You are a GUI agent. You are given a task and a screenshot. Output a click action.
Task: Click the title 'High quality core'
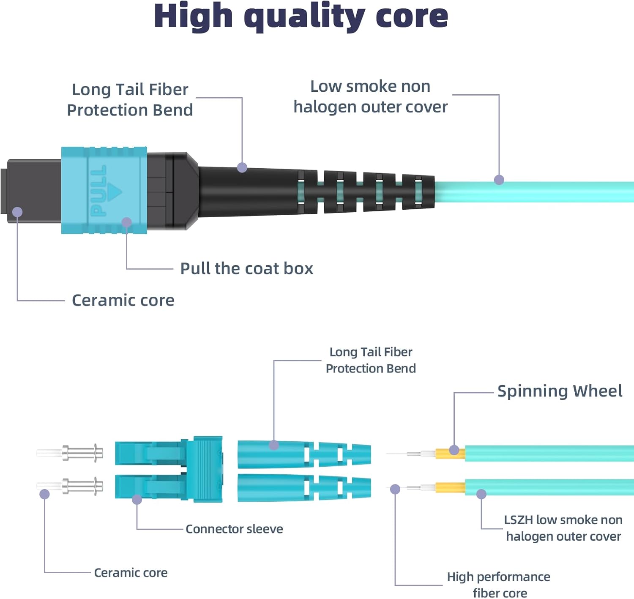coord(301,17)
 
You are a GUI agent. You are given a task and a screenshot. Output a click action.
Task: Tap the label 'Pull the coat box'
coord(246,268)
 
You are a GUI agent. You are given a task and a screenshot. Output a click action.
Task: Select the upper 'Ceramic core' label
coord(123,300)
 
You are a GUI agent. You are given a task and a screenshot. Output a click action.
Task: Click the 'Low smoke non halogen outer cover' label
coord(370,96)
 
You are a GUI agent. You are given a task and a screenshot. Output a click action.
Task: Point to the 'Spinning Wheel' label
coord(559,391)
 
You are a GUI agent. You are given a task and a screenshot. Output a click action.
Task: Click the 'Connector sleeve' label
coord(234,529)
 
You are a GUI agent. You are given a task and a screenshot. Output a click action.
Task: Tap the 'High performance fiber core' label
coord(499,585)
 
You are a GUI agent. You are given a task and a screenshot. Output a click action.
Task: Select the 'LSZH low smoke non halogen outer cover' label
coord(563,528)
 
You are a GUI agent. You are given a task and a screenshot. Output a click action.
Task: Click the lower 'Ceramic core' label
coord(131,573)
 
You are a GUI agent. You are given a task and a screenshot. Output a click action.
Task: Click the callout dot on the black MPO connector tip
coord(17,212)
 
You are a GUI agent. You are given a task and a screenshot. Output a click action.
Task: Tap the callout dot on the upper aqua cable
coord(499,180)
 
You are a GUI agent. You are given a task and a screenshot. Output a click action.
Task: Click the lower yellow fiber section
coord(450,488)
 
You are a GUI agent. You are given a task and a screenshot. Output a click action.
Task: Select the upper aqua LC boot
coord(303,454)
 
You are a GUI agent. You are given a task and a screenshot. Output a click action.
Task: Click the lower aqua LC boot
coord(303,488)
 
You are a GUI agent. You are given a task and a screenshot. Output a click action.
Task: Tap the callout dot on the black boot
coord(242,167)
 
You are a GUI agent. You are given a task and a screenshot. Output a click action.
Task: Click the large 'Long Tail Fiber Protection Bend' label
coord(130,100)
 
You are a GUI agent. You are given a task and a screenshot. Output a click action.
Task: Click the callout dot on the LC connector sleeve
coord(137,500)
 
